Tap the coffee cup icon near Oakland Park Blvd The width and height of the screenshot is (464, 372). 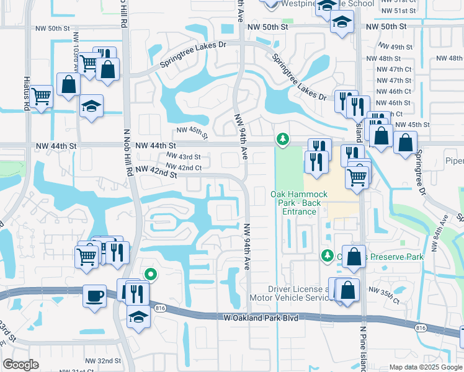94,295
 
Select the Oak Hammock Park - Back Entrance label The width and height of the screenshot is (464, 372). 294,203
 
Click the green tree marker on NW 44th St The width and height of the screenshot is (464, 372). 283,139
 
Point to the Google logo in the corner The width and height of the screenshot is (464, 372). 21,365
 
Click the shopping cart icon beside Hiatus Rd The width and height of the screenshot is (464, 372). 42,96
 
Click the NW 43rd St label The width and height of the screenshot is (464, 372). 182,157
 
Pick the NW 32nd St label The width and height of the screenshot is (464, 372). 100,361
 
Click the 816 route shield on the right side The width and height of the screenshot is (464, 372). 421,327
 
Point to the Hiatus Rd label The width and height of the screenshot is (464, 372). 27,99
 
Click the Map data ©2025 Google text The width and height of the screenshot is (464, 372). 426,367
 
